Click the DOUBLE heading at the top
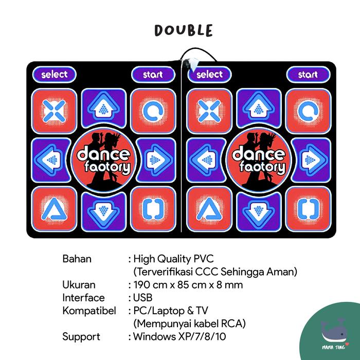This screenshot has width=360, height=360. tap(183, 30)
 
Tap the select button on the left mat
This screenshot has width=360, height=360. tap(55, 75)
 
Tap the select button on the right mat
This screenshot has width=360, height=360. tap(210, 75)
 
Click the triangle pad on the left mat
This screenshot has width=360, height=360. tap(54, 208)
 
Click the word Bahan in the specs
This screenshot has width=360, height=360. tap(77, 258)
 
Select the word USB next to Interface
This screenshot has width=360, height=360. tap(142, 298)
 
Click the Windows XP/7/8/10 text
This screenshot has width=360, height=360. tap(179, 337)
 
